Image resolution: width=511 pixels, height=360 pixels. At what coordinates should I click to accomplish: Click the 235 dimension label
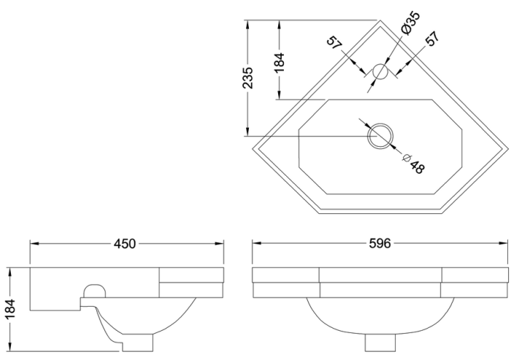248,78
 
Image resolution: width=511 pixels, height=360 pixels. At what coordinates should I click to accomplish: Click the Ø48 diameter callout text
412,164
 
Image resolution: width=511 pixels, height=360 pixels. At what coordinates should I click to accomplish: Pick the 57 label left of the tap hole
335,43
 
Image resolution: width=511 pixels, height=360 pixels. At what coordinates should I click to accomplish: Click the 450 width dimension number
125,243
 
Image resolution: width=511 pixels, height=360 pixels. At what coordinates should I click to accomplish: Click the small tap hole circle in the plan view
380,72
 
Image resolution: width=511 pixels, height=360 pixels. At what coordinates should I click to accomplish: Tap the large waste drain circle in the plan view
380,135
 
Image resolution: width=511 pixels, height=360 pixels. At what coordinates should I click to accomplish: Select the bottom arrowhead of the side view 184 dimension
10,348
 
